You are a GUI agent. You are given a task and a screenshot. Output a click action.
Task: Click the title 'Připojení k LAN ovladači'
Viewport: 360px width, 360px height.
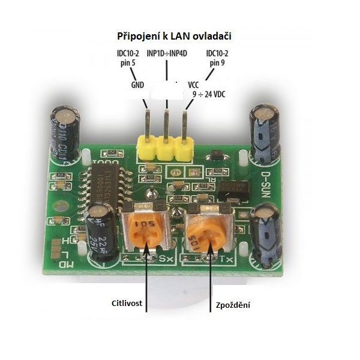point(173,37)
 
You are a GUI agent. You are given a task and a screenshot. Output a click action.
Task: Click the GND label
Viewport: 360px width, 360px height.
point(137,85)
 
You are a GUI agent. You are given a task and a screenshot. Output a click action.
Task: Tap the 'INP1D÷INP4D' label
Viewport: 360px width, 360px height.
point(167,53)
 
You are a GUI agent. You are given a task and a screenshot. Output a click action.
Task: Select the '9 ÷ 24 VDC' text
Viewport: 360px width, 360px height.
point(208,94)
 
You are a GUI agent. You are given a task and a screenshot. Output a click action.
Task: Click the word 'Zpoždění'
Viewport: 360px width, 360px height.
point(233,305)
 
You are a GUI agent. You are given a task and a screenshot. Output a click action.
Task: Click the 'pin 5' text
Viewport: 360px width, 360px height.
point(128,62)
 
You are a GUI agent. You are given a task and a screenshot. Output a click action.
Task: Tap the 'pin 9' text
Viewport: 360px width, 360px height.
point(217,62)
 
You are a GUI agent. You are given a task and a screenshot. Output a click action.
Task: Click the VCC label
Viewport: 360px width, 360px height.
point(193,85)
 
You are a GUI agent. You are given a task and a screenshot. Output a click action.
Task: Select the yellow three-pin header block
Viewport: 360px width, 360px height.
point(164,147)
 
